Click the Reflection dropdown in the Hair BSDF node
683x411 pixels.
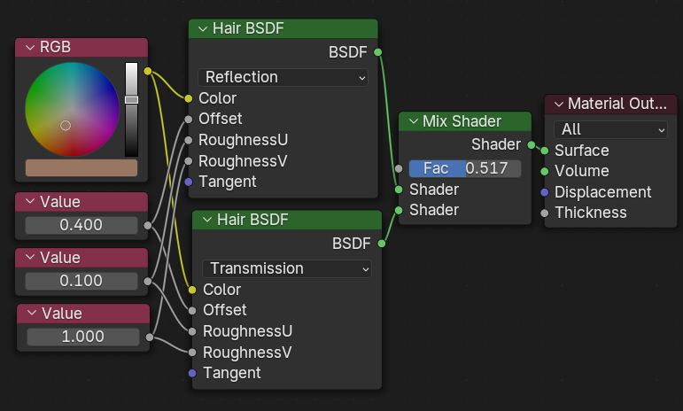coord(283,77)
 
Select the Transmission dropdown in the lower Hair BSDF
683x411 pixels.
coord(286,268)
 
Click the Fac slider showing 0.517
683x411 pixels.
coord(464,168)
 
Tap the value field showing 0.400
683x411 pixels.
coord(81,225)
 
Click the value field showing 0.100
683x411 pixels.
coord(81,281)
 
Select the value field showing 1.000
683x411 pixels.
coord(82,337)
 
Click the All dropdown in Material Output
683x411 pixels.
coord(610,129)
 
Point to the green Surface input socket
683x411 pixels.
coord(545,151)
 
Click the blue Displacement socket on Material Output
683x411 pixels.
coord(545,192)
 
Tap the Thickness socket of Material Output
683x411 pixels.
coord(545,213)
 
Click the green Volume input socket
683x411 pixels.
coord(545,171)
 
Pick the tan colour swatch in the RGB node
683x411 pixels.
coord(81,167)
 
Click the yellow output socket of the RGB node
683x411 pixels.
coord(147,71)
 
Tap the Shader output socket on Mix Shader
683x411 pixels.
coord(532,143)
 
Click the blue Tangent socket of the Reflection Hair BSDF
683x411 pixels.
coord(189,182)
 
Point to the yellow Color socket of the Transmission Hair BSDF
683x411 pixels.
coord(192,290)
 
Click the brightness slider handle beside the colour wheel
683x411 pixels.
coord(131,100)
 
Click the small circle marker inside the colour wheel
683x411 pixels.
coord(66,126)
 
